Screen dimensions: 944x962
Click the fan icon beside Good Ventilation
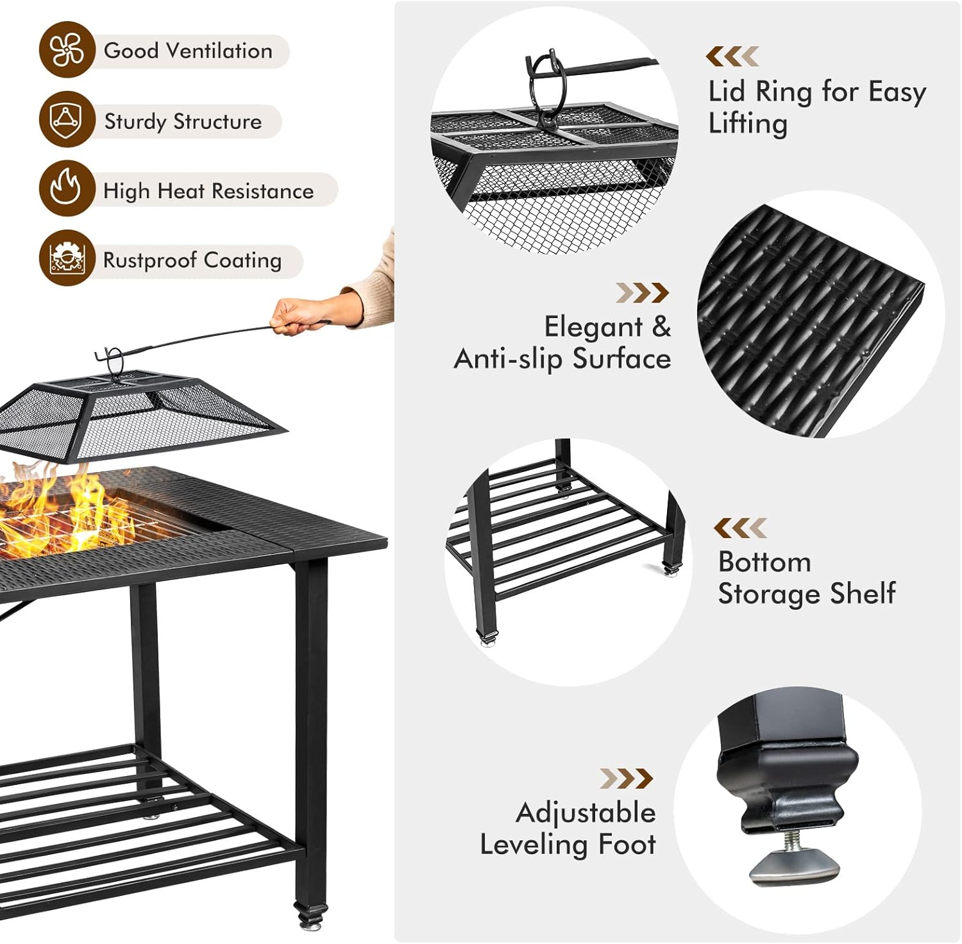tap(67, 50)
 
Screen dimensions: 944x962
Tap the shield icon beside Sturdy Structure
tap(66, 119)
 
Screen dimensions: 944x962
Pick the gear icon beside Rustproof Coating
tap(66, 258)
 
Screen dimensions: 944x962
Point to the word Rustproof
tap(150, 260)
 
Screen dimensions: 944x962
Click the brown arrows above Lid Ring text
tap(732, 56)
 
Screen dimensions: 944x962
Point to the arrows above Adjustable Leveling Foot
tap(626, 779)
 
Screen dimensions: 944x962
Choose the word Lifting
tap(748, 123)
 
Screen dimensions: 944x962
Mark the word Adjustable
tap(586, 813)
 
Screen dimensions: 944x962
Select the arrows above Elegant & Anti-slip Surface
tap(642, 292)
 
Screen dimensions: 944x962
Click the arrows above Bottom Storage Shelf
tap(740, 528)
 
